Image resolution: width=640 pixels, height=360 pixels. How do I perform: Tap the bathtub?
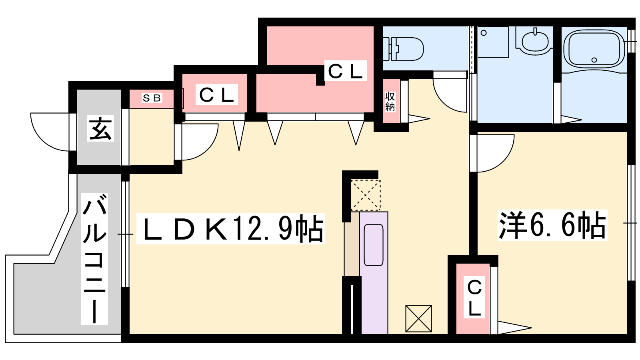coord(594,49)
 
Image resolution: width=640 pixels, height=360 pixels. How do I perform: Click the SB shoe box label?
coord(152,98)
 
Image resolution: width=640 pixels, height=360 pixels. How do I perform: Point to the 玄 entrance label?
coord(100,128)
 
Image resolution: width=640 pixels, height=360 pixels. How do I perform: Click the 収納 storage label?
coord(390,102)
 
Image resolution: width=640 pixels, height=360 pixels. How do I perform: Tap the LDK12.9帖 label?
coord(231,229)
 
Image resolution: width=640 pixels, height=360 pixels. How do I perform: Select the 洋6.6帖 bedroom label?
coord(552,225)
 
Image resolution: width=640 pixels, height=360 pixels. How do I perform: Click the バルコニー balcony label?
coord(95,258)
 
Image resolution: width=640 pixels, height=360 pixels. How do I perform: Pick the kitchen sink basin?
coord(374,245)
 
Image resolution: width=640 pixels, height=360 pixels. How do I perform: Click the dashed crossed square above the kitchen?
coord(366,195)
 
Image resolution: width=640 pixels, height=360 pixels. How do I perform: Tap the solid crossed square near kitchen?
coord(418,318)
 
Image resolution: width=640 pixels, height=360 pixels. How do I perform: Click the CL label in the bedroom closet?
coord(474,298)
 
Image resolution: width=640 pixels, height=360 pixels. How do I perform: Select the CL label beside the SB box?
coord(216,95)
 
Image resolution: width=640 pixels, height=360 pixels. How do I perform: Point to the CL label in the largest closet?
coord(345,72)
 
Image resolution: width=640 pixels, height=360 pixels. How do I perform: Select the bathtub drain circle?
coord(594,60)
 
